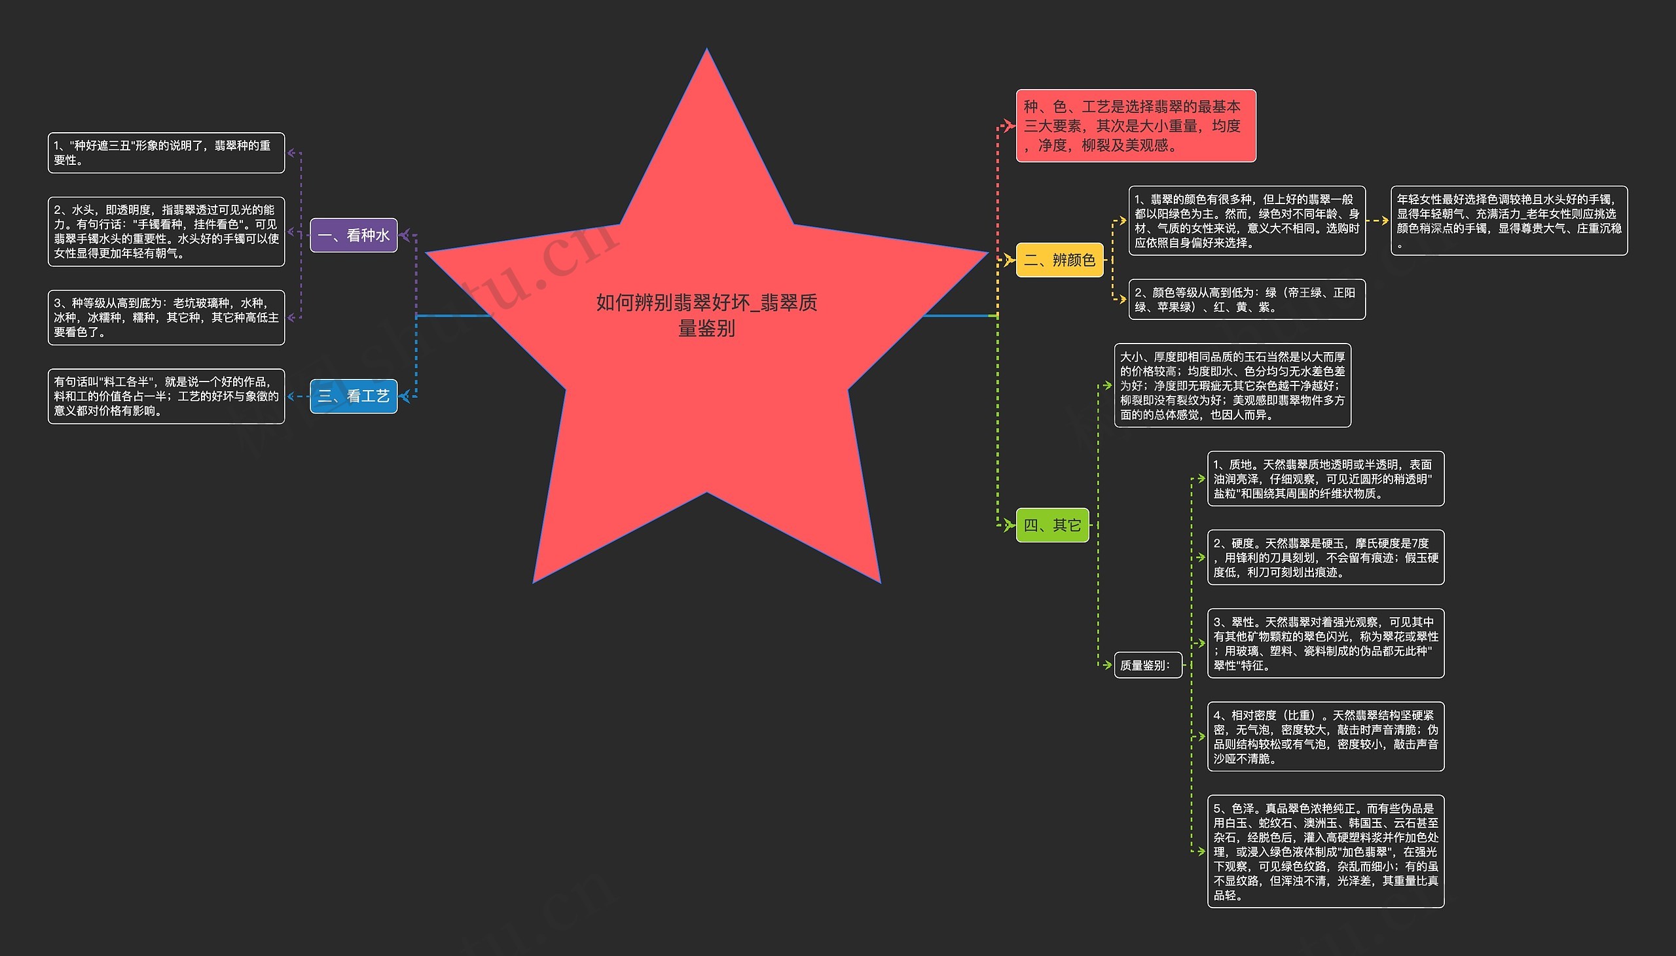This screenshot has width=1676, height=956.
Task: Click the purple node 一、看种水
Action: (354, 235)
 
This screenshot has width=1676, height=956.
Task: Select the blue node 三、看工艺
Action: (354, 396)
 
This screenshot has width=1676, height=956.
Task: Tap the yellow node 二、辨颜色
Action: (1059, 260)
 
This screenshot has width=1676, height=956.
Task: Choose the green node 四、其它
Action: (1052, 525)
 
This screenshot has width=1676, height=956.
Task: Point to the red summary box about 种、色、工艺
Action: (1135, 126)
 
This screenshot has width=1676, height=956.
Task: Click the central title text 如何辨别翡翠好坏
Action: (706, 315)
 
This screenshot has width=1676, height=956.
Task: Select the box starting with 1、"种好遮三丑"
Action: (166, 153)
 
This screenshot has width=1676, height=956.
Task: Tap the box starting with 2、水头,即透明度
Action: (166, 232)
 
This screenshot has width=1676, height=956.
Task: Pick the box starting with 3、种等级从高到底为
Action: (166, 318)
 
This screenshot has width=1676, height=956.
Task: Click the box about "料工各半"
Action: (166, 397)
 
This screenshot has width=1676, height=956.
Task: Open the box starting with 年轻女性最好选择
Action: (1508, 221)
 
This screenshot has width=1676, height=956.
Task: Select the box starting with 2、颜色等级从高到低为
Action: (1247, 300)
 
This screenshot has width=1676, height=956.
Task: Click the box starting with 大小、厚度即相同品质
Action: (1232, 385)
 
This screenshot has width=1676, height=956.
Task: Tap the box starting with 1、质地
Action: (1325, 479)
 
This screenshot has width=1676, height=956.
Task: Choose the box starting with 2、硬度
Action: (1325, 558)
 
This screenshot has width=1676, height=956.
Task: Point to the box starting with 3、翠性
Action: (1325, 643)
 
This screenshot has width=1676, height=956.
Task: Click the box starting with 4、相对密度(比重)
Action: (1325, 737)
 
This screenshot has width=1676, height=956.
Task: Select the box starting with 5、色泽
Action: (1325, 851)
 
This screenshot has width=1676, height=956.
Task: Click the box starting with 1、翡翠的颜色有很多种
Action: (1247, 221)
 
